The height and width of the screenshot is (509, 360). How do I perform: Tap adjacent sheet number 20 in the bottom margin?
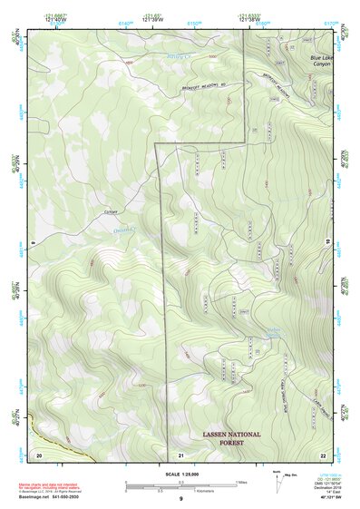point(39,454)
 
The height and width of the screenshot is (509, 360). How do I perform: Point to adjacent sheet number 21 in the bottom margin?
point(181,454)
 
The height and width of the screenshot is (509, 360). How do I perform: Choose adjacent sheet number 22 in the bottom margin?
point(322,454)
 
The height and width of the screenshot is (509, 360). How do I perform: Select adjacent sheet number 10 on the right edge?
point(327,240)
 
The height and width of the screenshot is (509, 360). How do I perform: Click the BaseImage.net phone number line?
point(56,496)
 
